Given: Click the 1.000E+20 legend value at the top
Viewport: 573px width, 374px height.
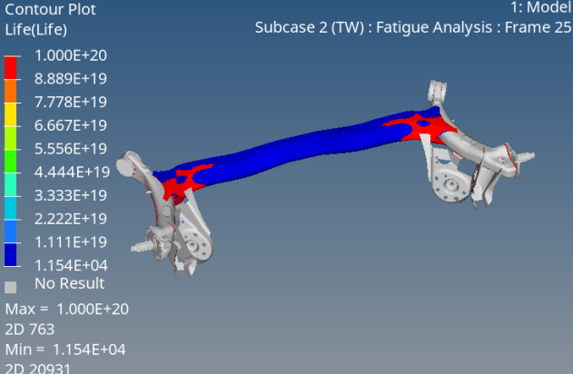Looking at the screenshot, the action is point(71,55).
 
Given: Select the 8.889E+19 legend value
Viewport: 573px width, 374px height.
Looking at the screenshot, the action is point(71,79).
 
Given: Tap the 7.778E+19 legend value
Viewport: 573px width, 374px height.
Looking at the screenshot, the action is point(71,103).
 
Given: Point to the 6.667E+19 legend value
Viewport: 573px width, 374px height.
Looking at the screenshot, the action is point(71,125).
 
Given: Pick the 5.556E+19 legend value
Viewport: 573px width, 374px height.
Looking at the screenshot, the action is point(71,149).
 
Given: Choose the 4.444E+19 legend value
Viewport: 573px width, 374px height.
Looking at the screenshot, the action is point(72,172).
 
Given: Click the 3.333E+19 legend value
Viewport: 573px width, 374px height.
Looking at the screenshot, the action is point(71,195).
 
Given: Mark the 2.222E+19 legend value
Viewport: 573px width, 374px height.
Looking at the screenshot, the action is point(71,219).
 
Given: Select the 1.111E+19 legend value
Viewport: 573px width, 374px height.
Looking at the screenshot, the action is point(71,242).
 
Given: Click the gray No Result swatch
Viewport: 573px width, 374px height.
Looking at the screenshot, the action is point(10,287).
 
